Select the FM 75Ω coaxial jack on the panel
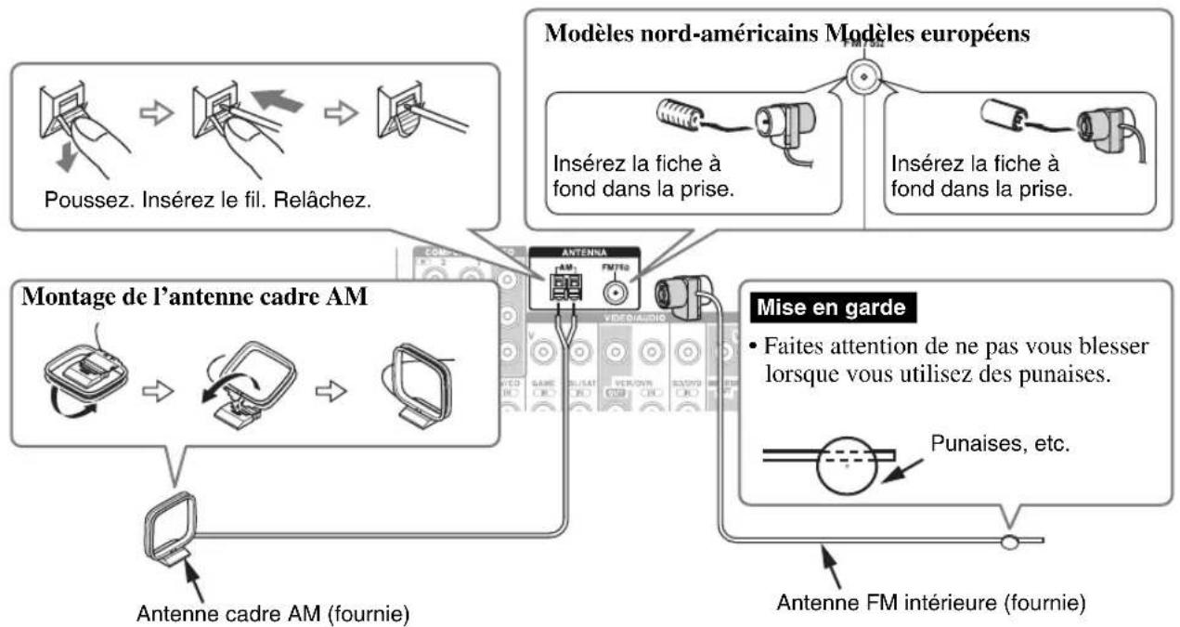pos(613,290)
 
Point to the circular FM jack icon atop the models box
pos(863,75)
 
